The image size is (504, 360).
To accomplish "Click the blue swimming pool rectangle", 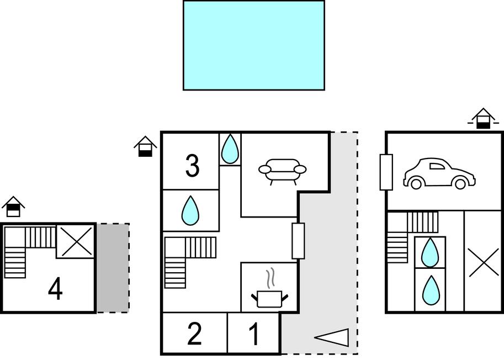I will [254, 45].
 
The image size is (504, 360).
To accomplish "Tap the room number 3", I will [192, 166].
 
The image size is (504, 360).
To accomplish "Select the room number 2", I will [194, 334].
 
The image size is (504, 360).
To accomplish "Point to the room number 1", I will [254, 334].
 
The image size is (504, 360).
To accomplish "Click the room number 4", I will [55, 289].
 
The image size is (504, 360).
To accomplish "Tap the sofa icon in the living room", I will [282, 171].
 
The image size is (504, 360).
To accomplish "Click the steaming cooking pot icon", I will [269, 291].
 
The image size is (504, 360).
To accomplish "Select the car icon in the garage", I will [439, 173].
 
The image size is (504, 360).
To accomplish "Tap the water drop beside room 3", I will [230, 149].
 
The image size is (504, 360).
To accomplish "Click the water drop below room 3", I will [190, 210].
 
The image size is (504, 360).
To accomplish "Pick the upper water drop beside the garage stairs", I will [430, 252].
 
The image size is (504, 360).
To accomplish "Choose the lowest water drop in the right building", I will [430, 290].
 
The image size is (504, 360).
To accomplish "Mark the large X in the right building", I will [483, 262].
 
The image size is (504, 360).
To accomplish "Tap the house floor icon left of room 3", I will [145, 146].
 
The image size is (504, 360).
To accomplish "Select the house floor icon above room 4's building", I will [13, 207].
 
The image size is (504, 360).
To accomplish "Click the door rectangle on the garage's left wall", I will [386, 172].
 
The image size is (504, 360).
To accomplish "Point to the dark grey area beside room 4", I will [113, 268].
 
